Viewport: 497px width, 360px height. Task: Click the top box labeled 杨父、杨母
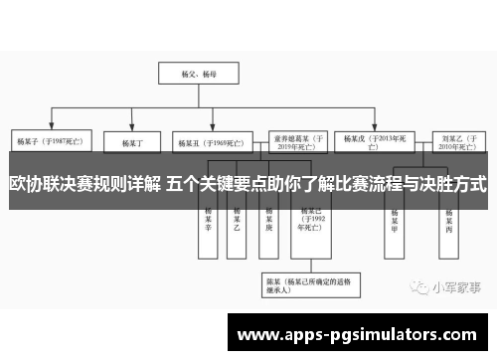[189, 74]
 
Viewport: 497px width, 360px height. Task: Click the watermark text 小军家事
[455, 286]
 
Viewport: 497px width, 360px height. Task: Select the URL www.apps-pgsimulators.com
[359, 332]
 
